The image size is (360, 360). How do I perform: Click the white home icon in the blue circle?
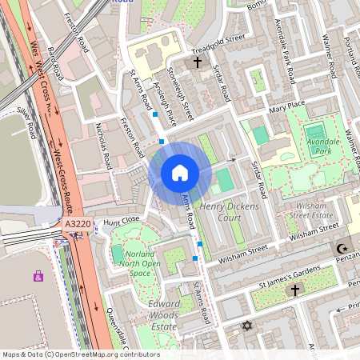pyautogui.click(x=180, y=173)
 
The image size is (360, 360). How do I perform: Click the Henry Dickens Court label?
pyautogui.click(x=230, y=211)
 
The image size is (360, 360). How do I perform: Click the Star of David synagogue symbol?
pyautogui.click(x=246, y=326)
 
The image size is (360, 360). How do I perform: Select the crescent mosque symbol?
pyautogui.click(x=342, y=250)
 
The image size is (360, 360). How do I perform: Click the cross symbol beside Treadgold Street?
pyautogui.click(x=197, y=62)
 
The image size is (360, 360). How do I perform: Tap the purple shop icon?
pyautogui.click(x=38, y=276)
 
